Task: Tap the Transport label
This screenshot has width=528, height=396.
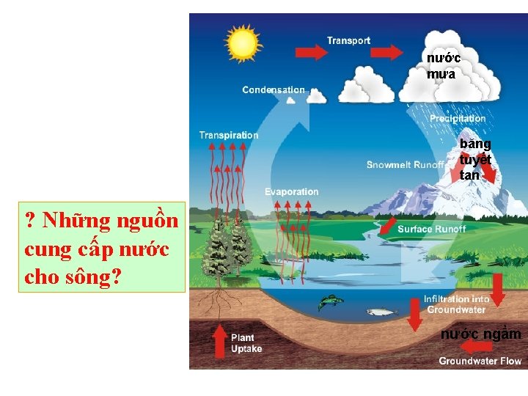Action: pos(348,41)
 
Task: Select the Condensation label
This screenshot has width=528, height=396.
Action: pos(274,90)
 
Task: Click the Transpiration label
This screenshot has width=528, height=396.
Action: pos(229,135)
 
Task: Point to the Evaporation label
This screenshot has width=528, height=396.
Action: pos(292,192)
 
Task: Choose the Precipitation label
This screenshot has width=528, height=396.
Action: pos(458,118)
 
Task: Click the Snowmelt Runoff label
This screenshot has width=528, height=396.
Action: pos(406,165)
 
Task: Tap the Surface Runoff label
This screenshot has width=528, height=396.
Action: pos(431,230)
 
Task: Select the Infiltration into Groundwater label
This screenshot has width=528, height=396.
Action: pos(456,304)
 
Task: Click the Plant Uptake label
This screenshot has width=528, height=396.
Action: pos(246,343)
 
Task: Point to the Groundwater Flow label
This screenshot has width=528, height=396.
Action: pos(480,361)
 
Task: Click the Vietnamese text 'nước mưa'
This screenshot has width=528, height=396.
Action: pos(444,65)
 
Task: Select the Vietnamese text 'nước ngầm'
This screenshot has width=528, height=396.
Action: pos(480,334)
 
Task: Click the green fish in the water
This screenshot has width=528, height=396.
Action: pos(331,301)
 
